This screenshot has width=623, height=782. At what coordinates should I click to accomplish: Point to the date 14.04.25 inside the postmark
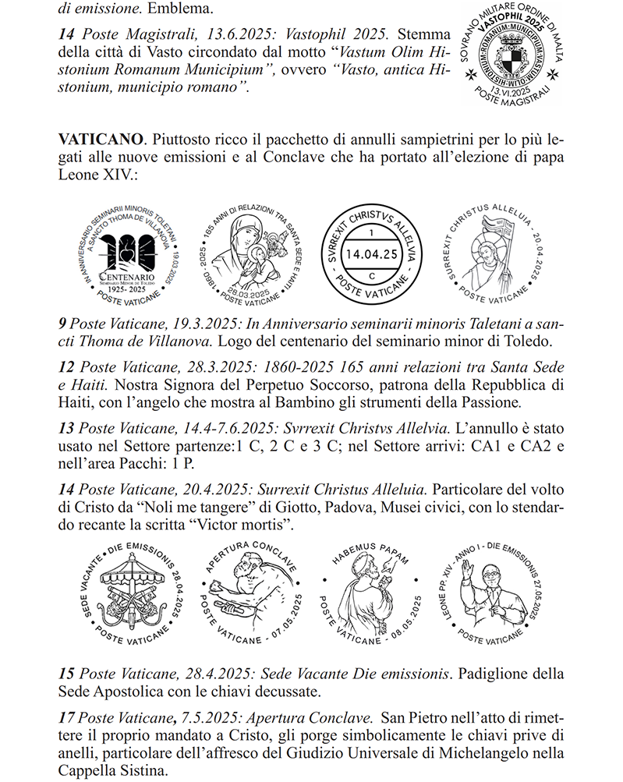(x=371, y=253)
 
